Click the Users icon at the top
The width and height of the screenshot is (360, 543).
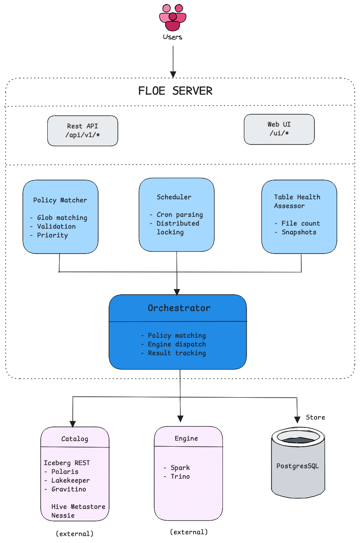click(173, 18)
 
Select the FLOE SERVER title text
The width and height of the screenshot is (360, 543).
click(175, 91)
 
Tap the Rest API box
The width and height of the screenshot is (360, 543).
click(82, 130)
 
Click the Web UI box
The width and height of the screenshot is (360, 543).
click(279, 129)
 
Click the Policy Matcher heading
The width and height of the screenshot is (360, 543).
click(60, 200)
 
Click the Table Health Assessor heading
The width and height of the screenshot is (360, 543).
click(296, 201)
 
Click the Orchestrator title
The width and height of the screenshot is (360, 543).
click(179, 308)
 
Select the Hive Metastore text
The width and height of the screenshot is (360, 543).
click(78, 507)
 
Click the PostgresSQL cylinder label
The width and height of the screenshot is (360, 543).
click(298, 466)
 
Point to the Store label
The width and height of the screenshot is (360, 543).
click(315, 417)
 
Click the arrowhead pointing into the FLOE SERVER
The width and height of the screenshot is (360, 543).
click(173, 74)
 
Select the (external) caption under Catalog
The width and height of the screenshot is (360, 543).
click(74, 534)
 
